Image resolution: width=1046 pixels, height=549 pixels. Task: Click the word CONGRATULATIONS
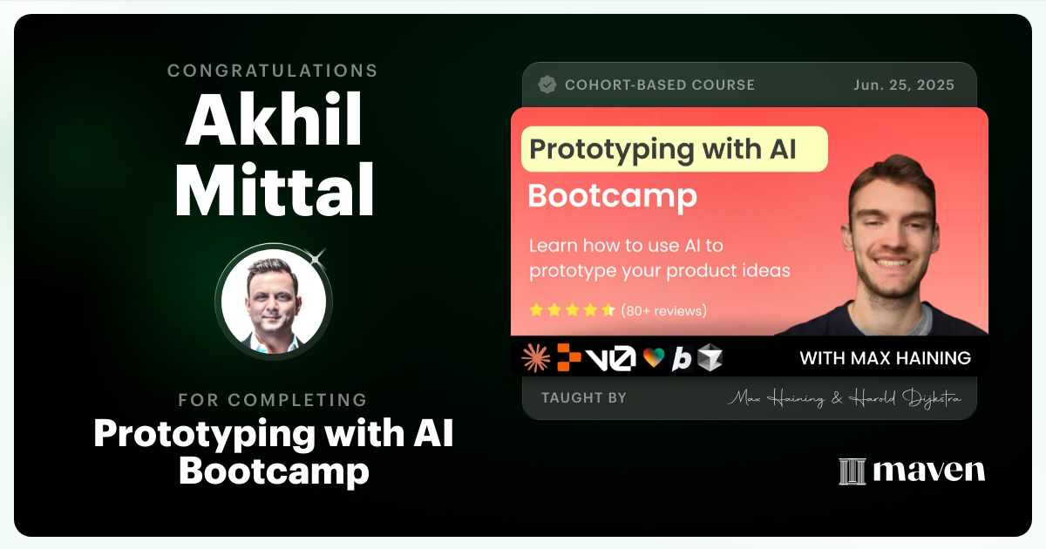tap(273, 71)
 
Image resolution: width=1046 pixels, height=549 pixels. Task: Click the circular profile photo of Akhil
tap(274, 301)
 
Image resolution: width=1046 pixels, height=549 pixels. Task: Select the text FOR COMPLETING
tap(273, 400)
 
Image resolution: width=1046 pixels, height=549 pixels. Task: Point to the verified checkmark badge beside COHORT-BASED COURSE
tap(547, 85)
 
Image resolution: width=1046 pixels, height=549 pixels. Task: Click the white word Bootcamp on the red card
tap(612, 196)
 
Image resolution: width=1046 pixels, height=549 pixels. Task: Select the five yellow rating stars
tap(572, 310)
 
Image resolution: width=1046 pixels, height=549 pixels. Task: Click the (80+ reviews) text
tap(663, 310)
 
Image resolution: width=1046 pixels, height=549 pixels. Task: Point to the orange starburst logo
tap(535, 358)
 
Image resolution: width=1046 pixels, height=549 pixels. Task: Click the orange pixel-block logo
tap(569, 357)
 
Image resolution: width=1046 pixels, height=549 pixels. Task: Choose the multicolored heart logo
tap(653, 358)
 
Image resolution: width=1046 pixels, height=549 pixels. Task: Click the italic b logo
tap(682, 358)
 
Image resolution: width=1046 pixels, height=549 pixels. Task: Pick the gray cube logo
tap(710, 357)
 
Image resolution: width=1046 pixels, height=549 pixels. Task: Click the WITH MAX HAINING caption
tap(885, 358)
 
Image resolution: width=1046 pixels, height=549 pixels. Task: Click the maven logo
tap(912, 471)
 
